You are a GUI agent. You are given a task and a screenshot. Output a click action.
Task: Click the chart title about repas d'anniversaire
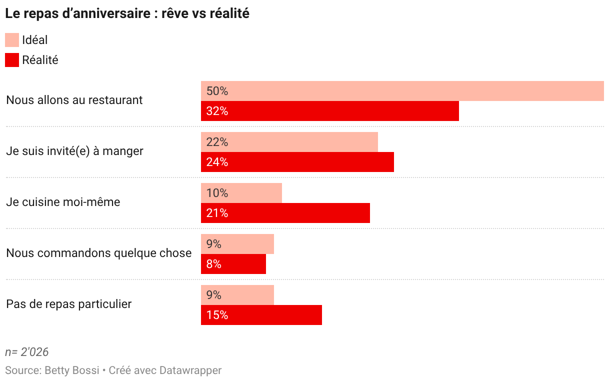pos(127,13)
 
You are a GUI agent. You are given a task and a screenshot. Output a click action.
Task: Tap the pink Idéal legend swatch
pos(12,40)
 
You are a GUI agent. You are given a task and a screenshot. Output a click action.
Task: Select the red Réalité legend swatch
pos(12,60)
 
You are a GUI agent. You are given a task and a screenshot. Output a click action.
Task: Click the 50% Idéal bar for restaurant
pos(402,91)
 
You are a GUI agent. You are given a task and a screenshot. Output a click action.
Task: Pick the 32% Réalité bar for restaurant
pos(330,111)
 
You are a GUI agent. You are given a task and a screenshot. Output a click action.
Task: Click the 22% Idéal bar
pos(289,142)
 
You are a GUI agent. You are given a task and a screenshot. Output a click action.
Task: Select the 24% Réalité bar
pos(297,162)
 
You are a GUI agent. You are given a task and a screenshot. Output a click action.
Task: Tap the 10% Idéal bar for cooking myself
pos(241,193)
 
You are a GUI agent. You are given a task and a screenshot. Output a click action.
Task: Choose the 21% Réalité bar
pos(285,213)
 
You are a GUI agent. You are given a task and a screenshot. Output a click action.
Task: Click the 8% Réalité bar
pos(233,264)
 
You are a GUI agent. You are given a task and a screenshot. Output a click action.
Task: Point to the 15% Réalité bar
pos(261,315)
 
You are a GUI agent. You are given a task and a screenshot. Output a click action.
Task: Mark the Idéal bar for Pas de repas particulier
pos(237,295)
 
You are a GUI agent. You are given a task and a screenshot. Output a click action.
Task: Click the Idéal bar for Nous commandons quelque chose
pos(237,244)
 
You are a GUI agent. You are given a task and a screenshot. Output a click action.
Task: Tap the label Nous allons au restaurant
pos(74,100)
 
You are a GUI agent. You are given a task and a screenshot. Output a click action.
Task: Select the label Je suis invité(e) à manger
pos(74,151)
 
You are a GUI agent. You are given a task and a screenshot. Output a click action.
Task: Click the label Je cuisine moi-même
pos(63,202)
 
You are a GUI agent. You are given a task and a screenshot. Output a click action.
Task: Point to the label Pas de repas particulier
pos(69,304)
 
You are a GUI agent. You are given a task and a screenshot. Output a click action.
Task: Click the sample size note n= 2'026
pos(26,352)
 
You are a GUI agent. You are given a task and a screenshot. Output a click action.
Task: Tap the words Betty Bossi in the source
pos(72,370)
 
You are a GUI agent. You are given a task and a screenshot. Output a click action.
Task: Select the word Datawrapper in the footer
pos(190,371)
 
